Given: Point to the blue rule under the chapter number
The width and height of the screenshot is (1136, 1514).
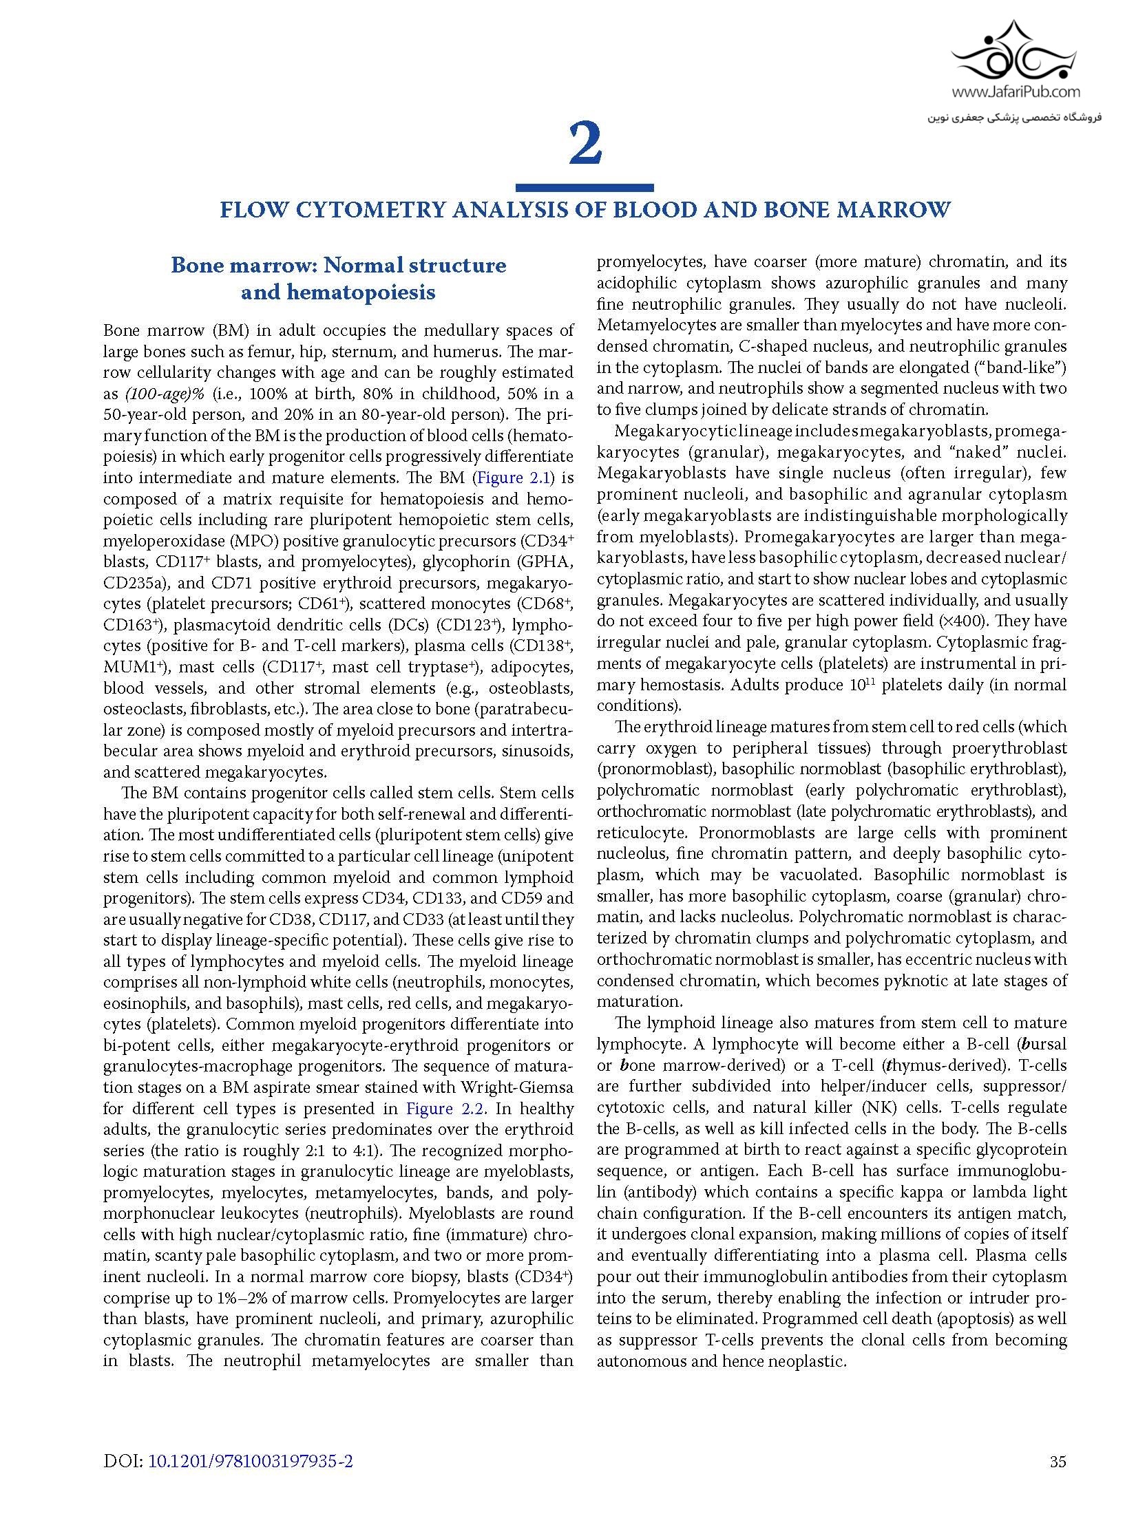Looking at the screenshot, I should tap(585, 187).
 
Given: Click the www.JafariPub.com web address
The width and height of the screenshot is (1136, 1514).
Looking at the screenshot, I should tap(1016, 92).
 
